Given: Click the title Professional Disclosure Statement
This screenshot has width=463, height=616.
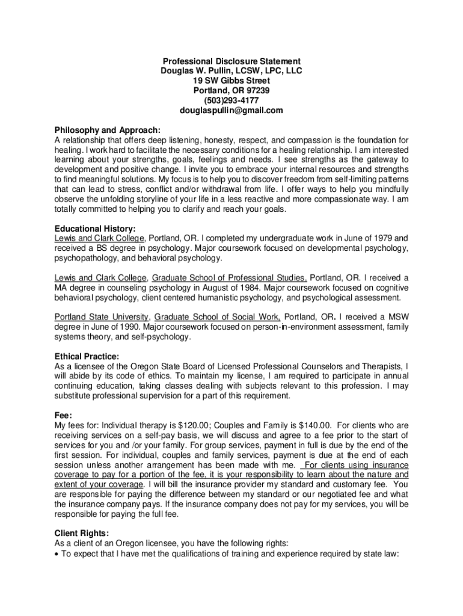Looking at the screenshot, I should pyautogui.click(x=231, y=61).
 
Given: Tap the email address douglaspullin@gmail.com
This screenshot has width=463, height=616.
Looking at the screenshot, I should pyautogui.click(x=231, y=110).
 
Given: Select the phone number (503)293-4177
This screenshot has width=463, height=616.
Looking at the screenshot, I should pyautogui.click(x=231, y=100).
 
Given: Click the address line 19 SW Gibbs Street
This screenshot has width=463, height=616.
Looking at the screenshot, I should pyautogui.click(x=231, y=81).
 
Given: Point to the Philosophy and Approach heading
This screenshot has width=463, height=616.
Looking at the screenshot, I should pyautogui.click(x=108, y=130).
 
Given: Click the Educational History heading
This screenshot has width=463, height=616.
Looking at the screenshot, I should pyautogui.click(x=95, y=229).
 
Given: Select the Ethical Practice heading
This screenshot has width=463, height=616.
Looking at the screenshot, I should pyautogui.click(x=87, y=356).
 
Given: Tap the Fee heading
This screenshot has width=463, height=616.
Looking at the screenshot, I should pyautogui.click(x=63, y=415).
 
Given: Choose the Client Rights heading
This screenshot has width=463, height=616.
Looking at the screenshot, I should pyautogui.click(x=82, y=533).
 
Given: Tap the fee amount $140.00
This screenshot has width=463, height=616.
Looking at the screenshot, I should pyautogui.click(x=312, y=425).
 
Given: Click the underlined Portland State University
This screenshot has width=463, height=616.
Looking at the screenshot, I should pyautogui.click(x=101, y=317).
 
